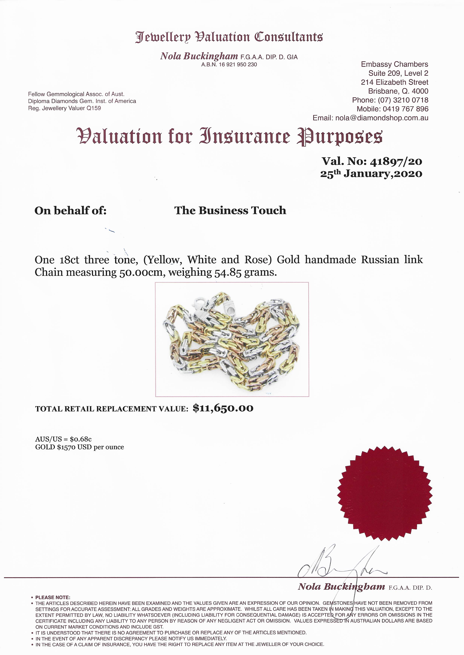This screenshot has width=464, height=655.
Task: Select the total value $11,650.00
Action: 223,408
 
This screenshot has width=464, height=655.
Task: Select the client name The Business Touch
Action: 230,210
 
